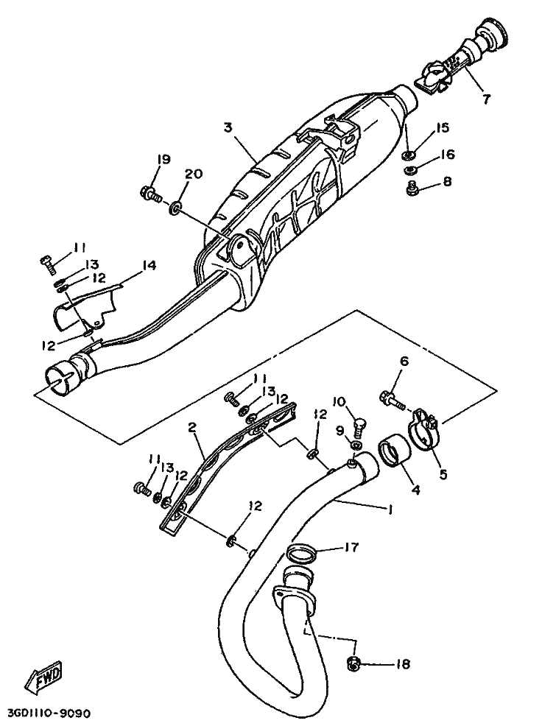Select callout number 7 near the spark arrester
tap(485, 99)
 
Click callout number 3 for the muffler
tap(228, 127)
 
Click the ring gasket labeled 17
tap(300, 552)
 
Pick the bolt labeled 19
tap(151, 194)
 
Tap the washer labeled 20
tap(176, 206)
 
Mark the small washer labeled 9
tap(356, 446)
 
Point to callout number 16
tap(447, 154)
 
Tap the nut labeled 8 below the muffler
tap(410, 188)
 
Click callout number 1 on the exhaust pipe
tap(390, 509)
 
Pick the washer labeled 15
tap(408, 154)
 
